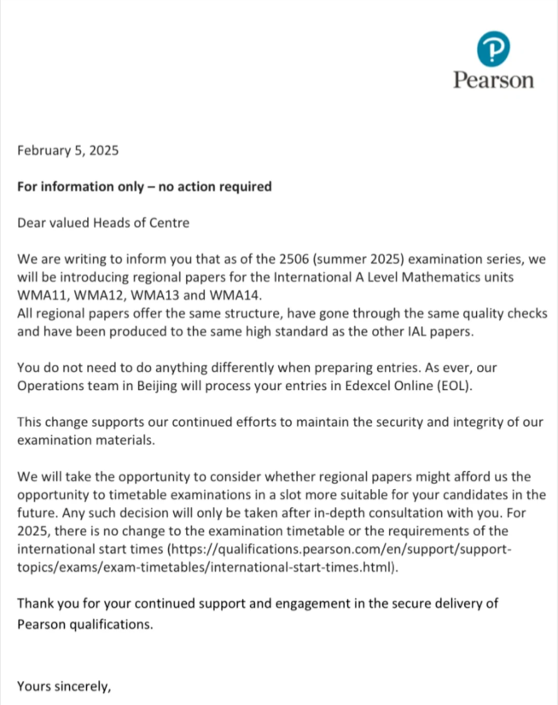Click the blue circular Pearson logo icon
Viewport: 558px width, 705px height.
[x=493, y=50]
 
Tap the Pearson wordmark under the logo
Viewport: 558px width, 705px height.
[x=493, y=80]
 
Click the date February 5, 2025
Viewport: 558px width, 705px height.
[x=68, y=151]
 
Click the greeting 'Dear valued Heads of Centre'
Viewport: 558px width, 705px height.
[x=103, y=224]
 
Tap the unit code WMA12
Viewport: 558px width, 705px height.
[x=96, y=296]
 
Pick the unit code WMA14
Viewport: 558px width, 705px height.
[x=230, y=296]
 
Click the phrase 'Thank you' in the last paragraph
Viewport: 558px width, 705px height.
[x=45, y=604]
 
